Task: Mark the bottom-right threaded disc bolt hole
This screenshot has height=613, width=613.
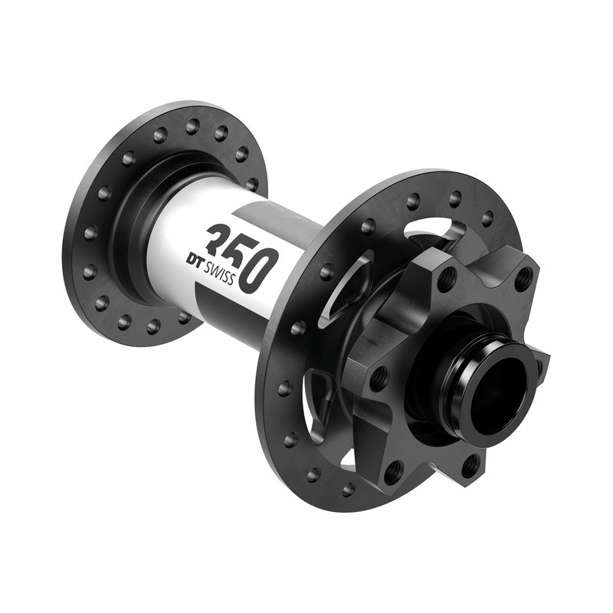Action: (x=470, y=464)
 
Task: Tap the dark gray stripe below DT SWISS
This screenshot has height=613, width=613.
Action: (x=230, y=303)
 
